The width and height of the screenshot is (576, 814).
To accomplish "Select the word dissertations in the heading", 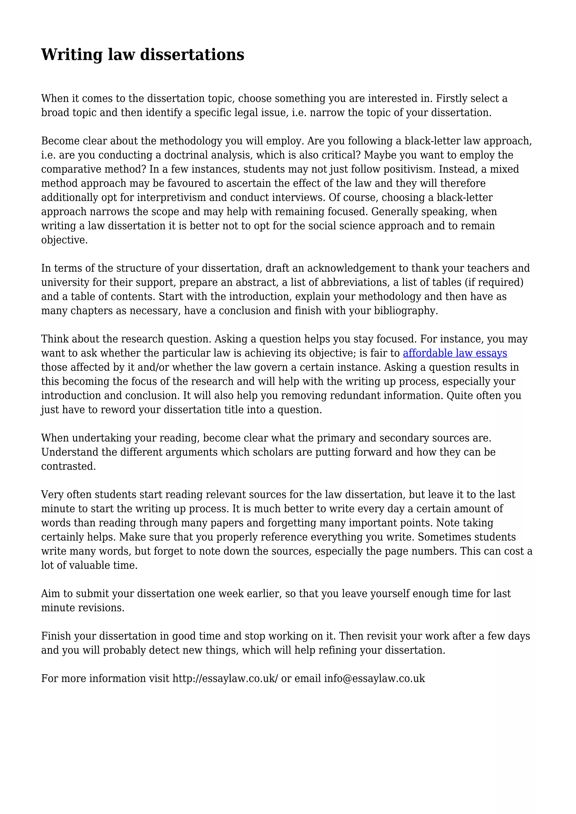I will click(192, 55).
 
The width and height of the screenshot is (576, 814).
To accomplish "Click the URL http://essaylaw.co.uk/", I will click(225, 679).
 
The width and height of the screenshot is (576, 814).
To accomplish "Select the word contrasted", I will click(68, 467).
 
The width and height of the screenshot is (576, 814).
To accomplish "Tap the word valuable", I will click(85, 566).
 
